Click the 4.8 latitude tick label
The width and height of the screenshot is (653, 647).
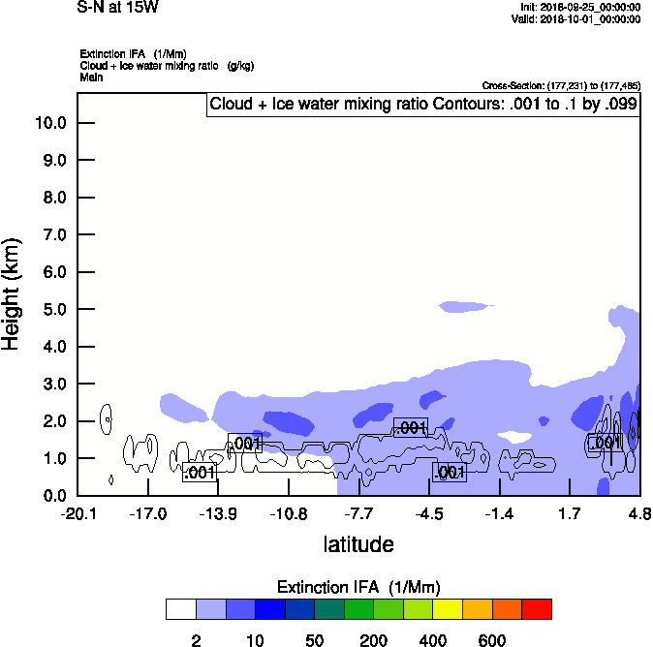[x=638, y=512]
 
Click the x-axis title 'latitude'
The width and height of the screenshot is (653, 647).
[x=358, y=544]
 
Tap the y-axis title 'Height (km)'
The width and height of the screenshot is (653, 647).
[x=13, y=293]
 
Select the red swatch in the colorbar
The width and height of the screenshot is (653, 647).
[x=537, y=609]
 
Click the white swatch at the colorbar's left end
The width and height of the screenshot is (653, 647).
[x=180, y=609]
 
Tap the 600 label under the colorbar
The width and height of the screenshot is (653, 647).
[x=492, y=640]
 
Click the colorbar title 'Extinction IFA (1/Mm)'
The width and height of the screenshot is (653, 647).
[x=358, y=587]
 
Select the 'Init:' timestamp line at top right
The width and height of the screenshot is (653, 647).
[x=580, y=8]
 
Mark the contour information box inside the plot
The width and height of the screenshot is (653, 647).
[x=423, y=105]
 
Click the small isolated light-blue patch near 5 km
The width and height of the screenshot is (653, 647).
[x=466, y=307]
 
